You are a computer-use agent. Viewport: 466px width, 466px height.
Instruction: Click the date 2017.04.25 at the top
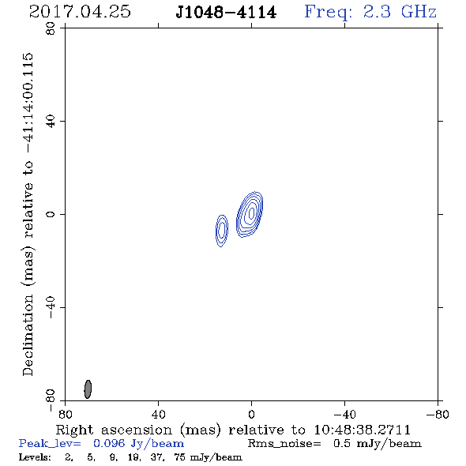coord(80,12)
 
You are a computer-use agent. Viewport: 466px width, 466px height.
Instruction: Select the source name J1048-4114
coord(226,13)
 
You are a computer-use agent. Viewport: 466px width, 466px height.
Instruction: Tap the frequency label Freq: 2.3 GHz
coord(370,13)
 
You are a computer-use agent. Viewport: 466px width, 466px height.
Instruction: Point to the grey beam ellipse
coord(88,389)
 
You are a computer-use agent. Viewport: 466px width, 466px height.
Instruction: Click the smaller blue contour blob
coord(221,231)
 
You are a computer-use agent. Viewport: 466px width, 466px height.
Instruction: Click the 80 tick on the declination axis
coord(51,28)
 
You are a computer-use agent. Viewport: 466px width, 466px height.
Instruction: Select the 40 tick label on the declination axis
coord(51,122)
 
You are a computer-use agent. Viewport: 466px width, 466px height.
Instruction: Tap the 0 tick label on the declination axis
coord(51,214)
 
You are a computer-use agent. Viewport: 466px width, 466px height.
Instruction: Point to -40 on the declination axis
coord(51,307)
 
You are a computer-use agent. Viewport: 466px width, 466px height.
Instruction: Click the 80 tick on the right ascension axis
coord(65,415)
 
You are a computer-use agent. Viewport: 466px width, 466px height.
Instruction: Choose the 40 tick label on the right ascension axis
coord(158,415)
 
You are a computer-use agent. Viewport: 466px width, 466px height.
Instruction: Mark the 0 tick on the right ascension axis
coord(251,415)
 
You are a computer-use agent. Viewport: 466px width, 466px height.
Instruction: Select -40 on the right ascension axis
coord(344,415)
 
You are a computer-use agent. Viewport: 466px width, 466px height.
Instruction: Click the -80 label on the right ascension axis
coord(438,415)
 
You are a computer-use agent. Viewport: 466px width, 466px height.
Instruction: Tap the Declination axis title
coord(28,214)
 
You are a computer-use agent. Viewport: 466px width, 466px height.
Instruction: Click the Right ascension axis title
coord(233,430)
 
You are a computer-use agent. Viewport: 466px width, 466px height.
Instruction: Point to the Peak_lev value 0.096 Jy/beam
coord(139,444)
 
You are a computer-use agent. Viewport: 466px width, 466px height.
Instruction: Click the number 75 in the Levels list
coord(180,457)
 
